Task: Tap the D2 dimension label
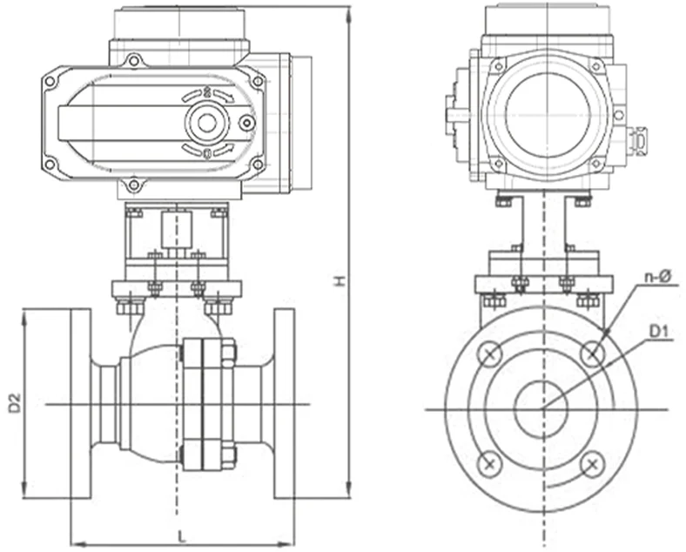(x=14, y=403)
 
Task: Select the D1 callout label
(x=658, y=331)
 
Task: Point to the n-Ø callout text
(x=656, y=277)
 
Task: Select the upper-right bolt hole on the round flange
(x=593, y=353)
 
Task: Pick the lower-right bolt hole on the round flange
(x=593, y=463)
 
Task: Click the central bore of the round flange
(x=541, y=408)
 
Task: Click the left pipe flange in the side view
(x=80, y=403)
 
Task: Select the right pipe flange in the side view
(x=284, y=403)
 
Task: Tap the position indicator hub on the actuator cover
(x=207, y=122)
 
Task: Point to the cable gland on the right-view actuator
(x=640, y=139)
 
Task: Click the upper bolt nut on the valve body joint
(x=229, y=352)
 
